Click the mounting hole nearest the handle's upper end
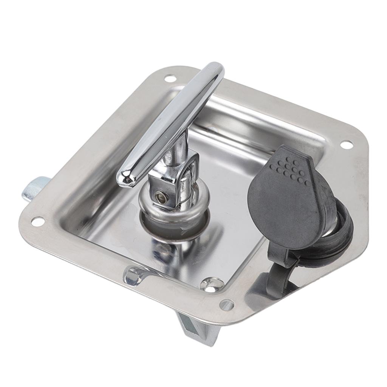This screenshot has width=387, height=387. (x=170, y=79)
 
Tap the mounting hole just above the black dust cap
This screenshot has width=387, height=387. (x=346, y=144)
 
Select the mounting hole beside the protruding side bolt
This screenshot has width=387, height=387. (x=38, y=221)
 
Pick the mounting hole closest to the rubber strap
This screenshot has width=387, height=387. (x=226, y=305)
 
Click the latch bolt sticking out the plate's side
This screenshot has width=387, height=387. (x=34, y=189)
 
